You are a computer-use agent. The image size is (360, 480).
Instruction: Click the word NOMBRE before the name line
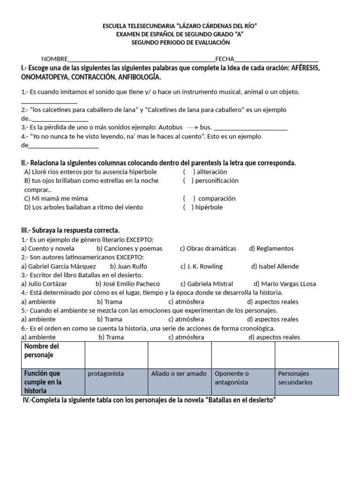(54, 59)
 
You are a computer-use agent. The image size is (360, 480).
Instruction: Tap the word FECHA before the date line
(224, 59)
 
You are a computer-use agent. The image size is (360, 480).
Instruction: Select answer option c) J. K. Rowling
(202, 266)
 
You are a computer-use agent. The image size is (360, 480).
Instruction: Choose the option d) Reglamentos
(271, 248)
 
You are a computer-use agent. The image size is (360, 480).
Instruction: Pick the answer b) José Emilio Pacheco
(127, 284)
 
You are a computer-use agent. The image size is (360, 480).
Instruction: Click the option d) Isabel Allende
(275, 266)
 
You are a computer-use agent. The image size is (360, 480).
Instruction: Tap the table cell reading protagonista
(106, 374)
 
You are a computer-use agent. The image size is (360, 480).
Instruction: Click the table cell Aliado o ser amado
(179, 374)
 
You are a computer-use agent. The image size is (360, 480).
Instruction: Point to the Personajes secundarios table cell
(295, 378)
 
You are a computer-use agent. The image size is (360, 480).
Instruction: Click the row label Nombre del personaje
(42, 351)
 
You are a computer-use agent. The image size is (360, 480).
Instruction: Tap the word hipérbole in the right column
(210, 207)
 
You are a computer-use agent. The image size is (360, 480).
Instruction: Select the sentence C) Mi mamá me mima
(56, 198)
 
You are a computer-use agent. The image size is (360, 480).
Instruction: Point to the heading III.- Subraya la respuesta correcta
(70, 230)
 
